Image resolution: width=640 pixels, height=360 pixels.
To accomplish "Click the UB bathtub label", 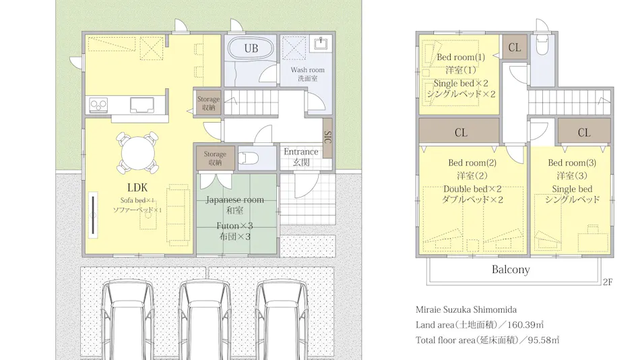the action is click(251, 49).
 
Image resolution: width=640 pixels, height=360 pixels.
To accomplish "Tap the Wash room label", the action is click(307, 70).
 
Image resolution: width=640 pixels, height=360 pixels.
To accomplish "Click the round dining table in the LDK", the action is click(138, 153).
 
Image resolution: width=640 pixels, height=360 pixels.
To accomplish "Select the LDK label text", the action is click(137, 187).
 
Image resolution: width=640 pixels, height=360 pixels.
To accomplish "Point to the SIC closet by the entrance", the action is click(327, 138).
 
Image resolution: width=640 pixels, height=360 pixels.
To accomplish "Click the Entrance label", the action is click(301, 152).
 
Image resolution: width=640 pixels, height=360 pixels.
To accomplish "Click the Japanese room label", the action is click(234, 200).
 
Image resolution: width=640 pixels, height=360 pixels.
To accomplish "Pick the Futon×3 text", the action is click(234, 226).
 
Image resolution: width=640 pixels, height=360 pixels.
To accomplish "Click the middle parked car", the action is click(205, 320).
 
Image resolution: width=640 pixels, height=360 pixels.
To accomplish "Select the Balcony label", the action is click(511, 270).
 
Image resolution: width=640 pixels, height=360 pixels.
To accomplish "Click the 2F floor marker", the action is click(608, 282).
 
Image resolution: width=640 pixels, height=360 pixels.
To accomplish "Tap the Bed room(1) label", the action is click(461, 57).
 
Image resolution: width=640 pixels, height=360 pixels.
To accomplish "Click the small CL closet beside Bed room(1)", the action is click(514, 47).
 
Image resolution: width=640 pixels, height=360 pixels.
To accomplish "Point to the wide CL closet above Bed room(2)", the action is click(459, 131).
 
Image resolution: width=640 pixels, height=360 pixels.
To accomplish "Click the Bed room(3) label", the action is click(572, 162).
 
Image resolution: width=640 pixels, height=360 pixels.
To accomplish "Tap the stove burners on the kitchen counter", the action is click(99, 105).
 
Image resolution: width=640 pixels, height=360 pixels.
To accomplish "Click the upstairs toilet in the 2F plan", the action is click(542, 46).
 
